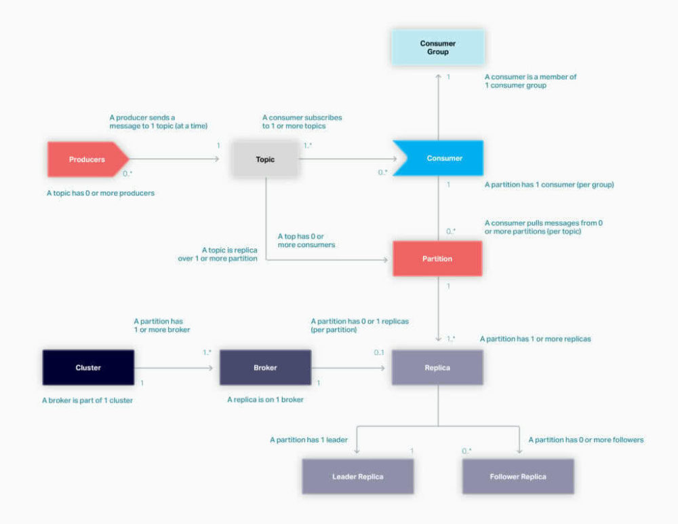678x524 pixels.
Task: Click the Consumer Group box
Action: pyautogui.click(x=437, y=48)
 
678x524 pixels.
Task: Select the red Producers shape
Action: pyautogui.click(x=87, y=160)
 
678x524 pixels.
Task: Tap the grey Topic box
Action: pyautogui.click(x=265, y=160)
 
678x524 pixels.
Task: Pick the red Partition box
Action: pyautogui.click(x=437, y=259)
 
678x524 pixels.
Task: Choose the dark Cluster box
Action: pyautogui.click(x=88, y=368)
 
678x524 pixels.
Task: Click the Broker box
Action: pyautogui.click(x=265, y=368)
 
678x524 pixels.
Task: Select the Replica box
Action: pyautogui.click(x=437, y=368)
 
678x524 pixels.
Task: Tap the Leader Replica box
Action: pyautogui.click(x=357, y=476)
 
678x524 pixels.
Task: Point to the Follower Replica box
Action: pyautogui.click(x=518, y=476)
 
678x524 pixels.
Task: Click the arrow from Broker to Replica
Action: pyautogui.click(x=348, y=368)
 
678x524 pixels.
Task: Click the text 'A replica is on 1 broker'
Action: pyautogui.click(x=265, y=400)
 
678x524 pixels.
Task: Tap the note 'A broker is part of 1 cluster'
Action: pyautogui.click(x=87, y=400)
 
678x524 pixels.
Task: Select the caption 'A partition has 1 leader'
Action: pyautogui.click(x=308, y=440)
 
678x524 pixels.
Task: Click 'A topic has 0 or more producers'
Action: pyautogui.click(x=100, y=193)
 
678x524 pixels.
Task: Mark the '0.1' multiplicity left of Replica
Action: pyautogui.click(x=379, y=352)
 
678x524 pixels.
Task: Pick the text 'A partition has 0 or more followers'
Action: pyautogui.click(x=586, y=440)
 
